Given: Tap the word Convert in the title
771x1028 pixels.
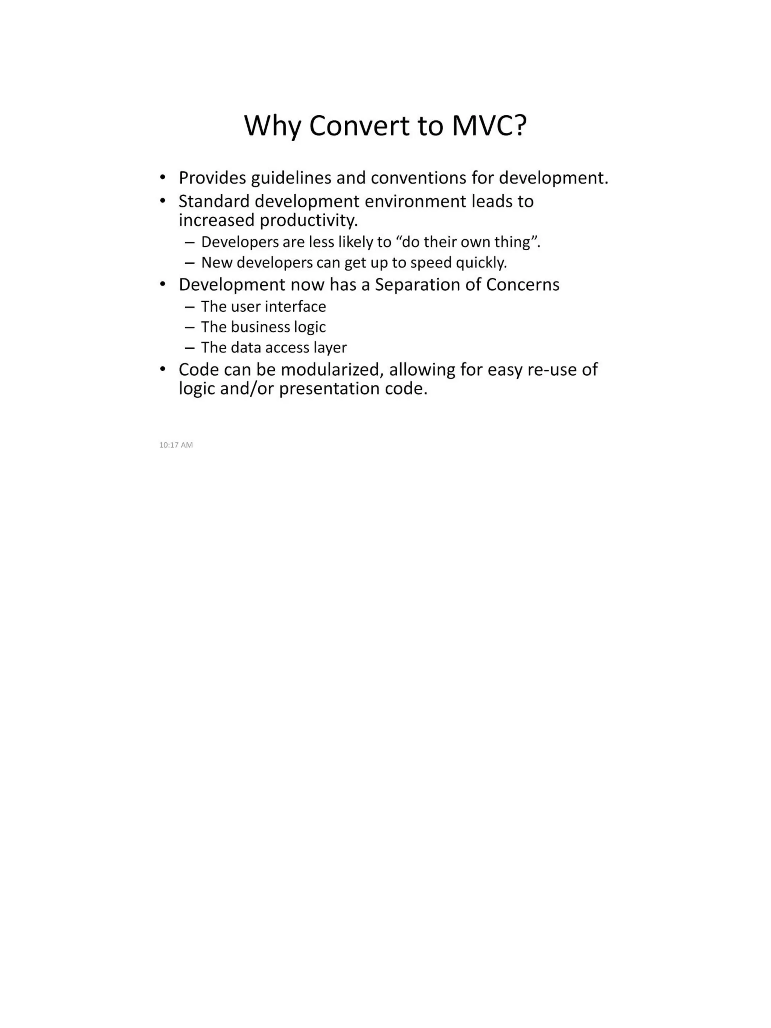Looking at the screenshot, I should pyautogui.click(x=359, y=125).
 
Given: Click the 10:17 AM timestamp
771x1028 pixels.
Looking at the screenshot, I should pyautogui.click(x=176, y=445).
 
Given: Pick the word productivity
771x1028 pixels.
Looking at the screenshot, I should pyautogui.click(x=309, y=220).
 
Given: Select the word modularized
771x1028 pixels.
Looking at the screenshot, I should pyautogui.click(x=332, y=370).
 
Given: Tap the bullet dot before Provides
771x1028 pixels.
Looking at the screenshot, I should pyautogui.click(x=162, y=177).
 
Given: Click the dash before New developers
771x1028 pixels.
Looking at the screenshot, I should pyautogui.click(x=189, y=263).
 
